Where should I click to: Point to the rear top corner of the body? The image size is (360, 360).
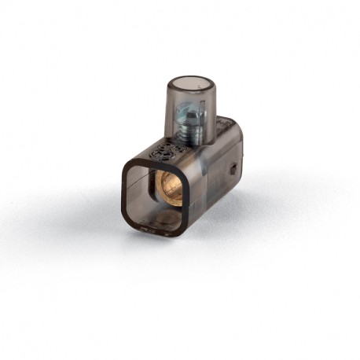(x=237, y=125)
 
